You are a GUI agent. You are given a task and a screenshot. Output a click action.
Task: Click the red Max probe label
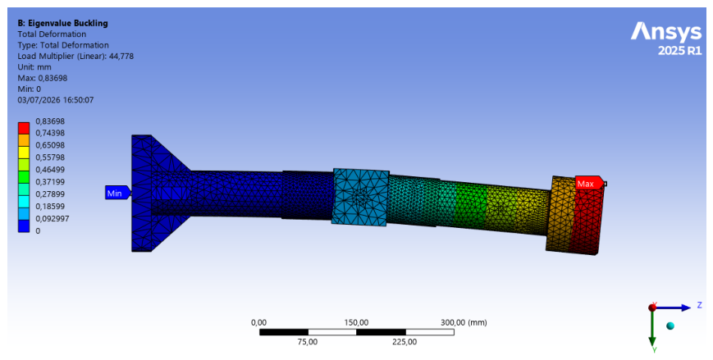pos(588,184)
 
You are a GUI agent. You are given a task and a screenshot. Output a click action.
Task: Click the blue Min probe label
pos(117,194)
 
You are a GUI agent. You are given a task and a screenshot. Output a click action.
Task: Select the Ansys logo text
pos(666,32)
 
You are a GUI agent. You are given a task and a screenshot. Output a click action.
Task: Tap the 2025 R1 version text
pos(680,51)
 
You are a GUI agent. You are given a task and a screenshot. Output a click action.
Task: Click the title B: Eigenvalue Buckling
pos(62,23)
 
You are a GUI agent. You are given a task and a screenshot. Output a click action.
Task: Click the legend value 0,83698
pos(50,121)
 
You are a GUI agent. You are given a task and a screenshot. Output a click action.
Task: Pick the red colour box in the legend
pos(24,128)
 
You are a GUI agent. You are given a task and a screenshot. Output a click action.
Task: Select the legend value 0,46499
pos(50,170)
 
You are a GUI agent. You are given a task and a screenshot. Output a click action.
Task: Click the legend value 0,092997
pos(53,219)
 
